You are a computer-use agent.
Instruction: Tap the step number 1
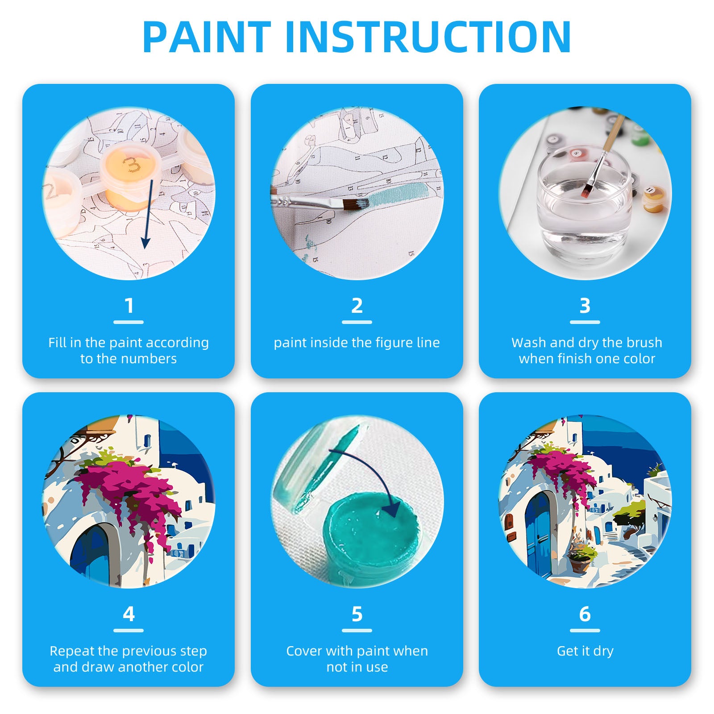click(129, 306)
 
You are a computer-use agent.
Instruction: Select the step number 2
click(357, 306)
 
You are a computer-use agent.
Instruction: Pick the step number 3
click(585, 306)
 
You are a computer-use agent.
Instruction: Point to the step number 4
click(129, 614)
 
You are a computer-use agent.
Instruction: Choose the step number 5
click(357, 614)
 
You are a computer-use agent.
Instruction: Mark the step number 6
click(585, 614)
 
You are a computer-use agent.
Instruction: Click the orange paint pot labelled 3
click(129, 176)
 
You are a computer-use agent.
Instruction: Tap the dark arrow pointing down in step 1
click(148, 214)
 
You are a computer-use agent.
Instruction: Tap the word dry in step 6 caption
click(603, 652)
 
